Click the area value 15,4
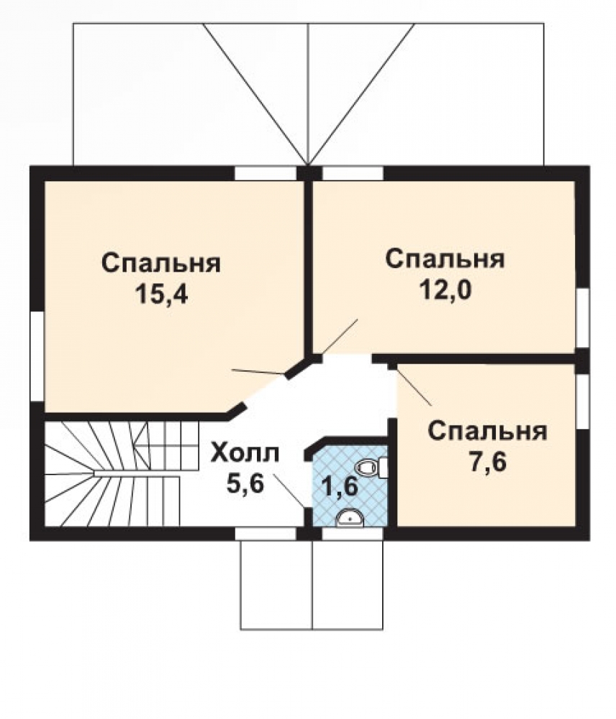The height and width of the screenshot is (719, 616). point(162,294)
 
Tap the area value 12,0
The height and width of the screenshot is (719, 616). point(445,289)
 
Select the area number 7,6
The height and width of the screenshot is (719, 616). point(487,462)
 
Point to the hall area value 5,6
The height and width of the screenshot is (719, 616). point(245,483)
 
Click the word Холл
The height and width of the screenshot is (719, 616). point(245,454)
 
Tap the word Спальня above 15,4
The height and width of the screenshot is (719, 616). point(162,263)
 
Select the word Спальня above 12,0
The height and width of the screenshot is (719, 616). point(445,259)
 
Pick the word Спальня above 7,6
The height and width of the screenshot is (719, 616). point(487,431)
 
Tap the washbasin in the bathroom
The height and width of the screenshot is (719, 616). point(350,520)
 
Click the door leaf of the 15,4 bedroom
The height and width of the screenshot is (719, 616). point(258,372)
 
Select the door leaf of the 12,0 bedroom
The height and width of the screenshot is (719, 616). point(340,336)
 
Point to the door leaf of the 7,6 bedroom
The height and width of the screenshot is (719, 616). point(414,387)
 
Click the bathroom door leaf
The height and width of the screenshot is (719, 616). point(289,490)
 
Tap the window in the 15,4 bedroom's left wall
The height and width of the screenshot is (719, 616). point(37,357)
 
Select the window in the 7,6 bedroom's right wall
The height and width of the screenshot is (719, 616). point(582,402)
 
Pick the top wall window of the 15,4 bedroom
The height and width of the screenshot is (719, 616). point(266,173)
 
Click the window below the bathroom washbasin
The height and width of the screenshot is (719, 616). point(353,533)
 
